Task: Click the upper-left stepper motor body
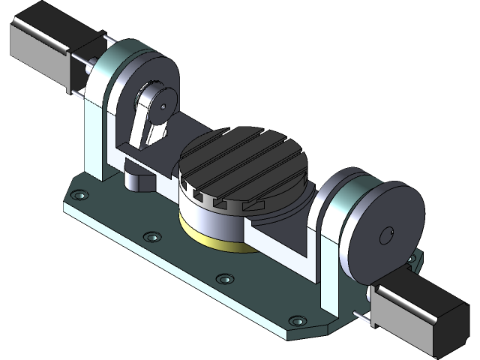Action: [x=41, y=45]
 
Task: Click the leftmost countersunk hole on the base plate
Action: [x=79, y=196]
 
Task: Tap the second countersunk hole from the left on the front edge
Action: [x=153, y=237]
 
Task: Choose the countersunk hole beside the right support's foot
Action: [x=298, y=320]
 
